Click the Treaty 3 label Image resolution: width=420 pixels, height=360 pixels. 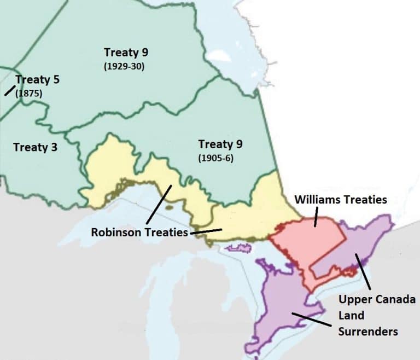(x=35, y=147)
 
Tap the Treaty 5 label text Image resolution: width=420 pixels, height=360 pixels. (x=37, y=80)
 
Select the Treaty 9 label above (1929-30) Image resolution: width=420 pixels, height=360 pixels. (x=126, y=53)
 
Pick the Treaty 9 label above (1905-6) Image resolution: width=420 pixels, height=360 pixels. (x=220, y=144)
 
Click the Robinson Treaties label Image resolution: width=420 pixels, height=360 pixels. (x=139, y=233)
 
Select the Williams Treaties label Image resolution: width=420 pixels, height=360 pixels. (x=341, y=200)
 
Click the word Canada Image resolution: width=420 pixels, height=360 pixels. (x=396, y=300)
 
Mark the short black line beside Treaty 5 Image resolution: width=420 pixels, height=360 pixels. (x=10, y=90)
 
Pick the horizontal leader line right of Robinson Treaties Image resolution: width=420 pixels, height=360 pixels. (x=206, y=231)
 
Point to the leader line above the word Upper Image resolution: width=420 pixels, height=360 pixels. (x=364, y=271)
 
